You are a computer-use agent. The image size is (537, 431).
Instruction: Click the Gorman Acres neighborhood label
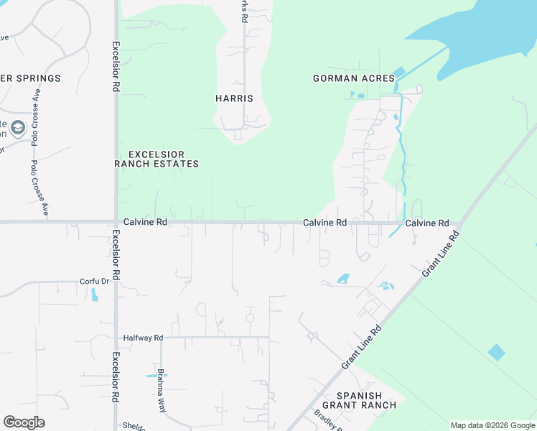click(x=354, y=78)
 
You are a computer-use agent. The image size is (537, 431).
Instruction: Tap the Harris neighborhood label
click(x=235, y=98)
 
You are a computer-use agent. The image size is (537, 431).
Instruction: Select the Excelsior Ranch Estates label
click(x=157, y=159)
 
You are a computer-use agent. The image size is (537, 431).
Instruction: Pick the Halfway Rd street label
click(x=144, y=338)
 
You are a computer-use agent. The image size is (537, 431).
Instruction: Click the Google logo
click(x=24, y=422)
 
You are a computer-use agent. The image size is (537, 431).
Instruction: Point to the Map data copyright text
click(x=492, y=425)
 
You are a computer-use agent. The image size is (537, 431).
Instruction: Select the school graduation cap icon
click(x=18, y=129)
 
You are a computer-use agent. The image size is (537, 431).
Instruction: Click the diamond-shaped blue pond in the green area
click(x=496, y=352)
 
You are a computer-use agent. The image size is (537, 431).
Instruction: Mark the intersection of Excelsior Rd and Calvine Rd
click(x=116, y=222)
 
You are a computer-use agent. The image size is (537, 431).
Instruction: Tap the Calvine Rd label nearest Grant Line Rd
click(x=427, y=223)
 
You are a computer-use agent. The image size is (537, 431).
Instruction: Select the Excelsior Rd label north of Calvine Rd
click(x=115, y=66)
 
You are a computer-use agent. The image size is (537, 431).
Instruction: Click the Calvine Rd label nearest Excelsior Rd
click(x=145, y=223)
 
